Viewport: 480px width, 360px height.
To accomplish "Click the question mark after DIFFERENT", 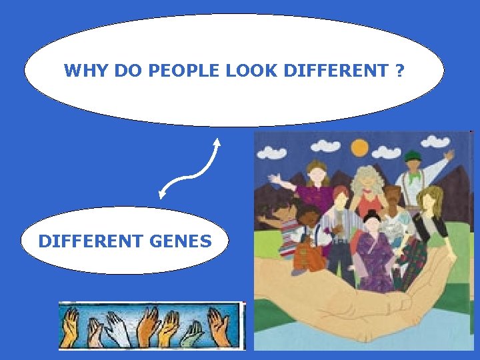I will point(399,70).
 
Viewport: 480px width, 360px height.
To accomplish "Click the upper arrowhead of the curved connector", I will point(217,142).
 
